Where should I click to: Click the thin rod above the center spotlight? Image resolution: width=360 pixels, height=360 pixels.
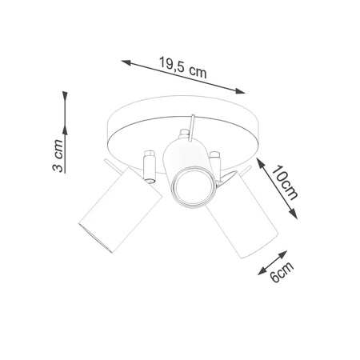[x=191, y=130]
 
